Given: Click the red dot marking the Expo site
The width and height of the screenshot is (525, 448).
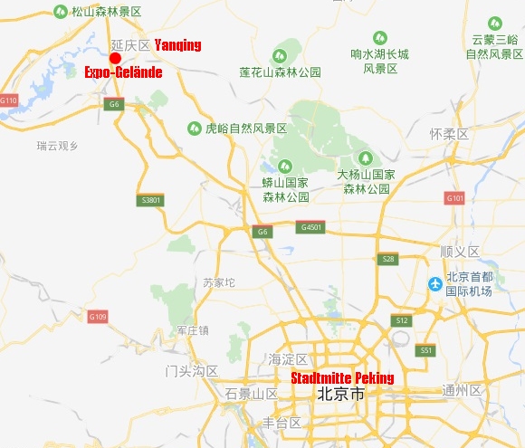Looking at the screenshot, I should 115,58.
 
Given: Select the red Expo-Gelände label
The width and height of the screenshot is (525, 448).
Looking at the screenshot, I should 123,72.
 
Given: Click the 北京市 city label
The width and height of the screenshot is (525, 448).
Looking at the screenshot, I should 340,395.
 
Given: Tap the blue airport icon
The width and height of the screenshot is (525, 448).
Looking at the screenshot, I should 435,284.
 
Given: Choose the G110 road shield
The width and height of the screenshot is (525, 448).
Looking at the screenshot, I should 9,100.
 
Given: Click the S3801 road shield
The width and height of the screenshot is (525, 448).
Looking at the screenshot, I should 152,199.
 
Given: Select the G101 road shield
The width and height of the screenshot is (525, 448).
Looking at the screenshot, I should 454,197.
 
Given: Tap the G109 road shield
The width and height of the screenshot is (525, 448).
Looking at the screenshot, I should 97,316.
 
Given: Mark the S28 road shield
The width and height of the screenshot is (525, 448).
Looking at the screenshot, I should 388,259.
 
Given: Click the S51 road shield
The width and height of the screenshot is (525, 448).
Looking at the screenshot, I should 426,349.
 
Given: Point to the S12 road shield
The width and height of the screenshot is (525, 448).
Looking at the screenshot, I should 401,320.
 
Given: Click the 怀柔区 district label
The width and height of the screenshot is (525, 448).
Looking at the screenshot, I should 449,134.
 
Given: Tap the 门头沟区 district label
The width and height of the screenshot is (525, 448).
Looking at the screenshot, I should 192,371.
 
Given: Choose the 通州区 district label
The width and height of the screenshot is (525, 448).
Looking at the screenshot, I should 462,391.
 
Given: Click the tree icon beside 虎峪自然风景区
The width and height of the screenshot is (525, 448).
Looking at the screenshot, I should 194,129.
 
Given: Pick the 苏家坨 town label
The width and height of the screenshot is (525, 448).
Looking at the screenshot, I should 220,282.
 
